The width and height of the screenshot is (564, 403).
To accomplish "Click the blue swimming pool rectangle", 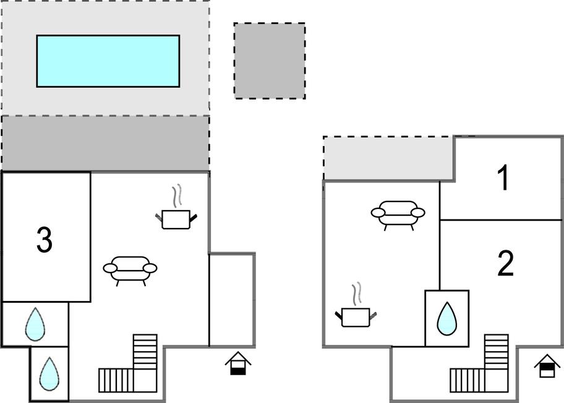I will [108, 61].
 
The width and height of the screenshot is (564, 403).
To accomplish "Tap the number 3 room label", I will [44, 240].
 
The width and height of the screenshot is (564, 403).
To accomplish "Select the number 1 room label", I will [505, 178].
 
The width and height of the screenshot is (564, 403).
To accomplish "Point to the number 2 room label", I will [506, 264].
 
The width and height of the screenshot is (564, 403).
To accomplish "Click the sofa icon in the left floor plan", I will [130, 269].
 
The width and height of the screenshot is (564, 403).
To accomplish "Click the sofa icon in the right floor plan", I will [398, 213].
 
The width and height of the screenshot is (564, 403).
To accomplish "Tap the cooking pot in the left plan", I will [176, 218].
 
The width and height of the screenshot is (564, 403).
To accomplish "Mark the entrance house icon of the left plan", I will [238, 363].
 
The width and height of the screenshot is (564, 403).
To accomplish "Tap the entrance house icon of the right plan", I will [547, 366].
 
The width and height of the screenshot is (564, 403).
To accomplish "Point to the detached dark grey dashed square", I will [270, 61].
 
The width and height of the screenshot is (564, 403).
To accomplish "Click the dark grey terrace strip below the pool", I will [105, 143].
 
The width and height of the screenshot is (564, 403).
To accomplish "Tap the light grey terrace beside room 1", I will [388, 158].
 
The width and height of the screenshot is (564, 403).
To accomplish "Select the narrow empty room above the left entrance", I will [232, 300].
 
